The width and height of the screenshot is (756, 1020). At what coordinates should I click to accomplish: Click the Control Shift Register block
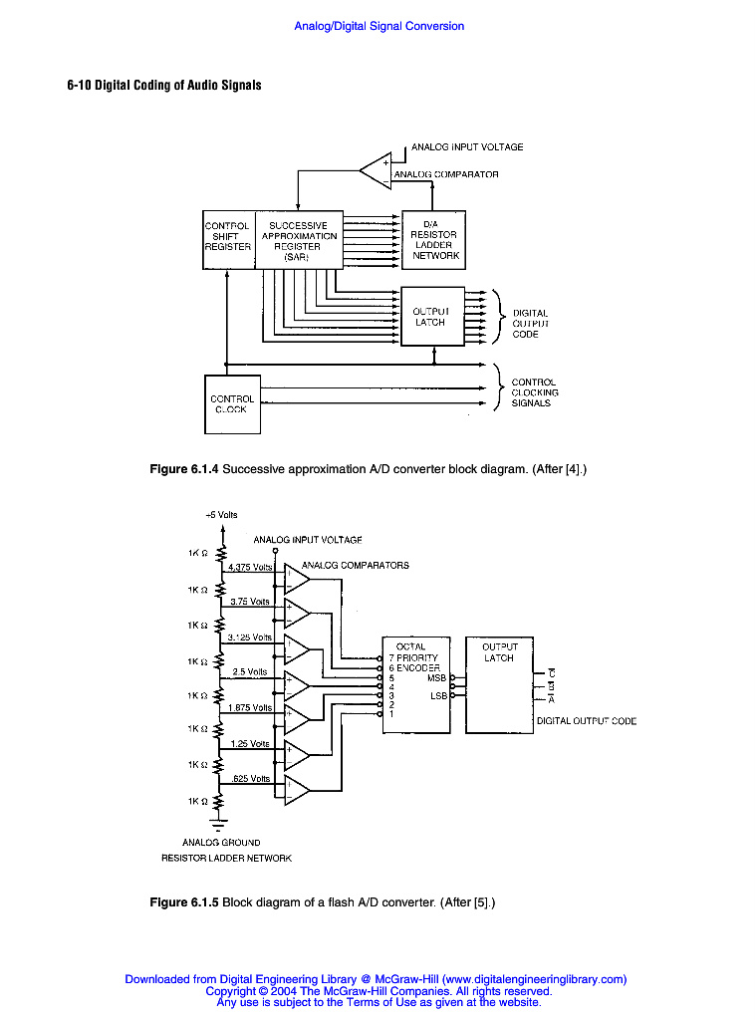[x=228, y=237]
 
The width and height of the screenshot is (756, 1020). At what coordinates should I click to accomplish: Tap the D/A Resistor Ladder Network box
[x=433, y=240]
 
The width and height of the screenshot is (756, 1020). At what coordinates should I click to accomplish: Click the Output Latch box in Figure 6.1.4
[x=431, y=317]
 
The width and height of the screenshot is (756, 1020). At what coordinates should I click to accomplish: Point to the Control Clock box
[x=232, y=403]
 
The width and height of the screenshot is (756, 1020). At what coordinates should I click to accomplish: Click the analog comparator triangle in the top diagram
[x=377, y=170]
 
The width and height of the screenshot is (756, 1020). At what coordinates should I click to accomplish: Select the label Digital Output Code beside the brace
[x=529, y=324]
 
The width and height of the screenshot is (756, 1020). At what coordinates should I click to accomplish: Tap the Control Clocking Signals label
[x=535, y=392]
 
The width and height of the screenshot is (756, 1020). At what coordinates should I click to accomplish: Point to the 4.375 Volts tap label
[x=250, y=567]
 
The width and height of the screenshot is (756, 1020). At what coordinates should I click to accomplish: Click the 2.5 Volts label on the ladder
[x=249, y=672]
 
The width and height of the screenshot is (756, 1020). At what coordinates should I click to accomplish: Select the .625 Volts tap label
[x=250, y=778]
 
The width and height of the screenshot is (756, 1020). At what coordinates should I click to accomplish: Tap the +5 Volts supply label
[x=221, y=515]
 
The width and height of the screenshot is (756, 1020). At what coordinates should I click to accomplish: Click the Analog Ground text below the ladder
[x=221, y=843]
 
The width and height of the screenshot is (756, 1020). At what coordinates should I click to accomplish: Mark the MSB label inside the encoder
[x=436, y=677]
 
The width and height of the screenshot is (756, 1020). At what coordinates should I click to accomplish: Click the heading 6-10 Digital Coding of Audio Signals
[x=164, y=86]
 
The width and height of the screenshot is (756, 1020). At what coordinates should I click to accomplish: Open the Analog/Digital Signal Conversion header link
[x=378, y=26]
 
